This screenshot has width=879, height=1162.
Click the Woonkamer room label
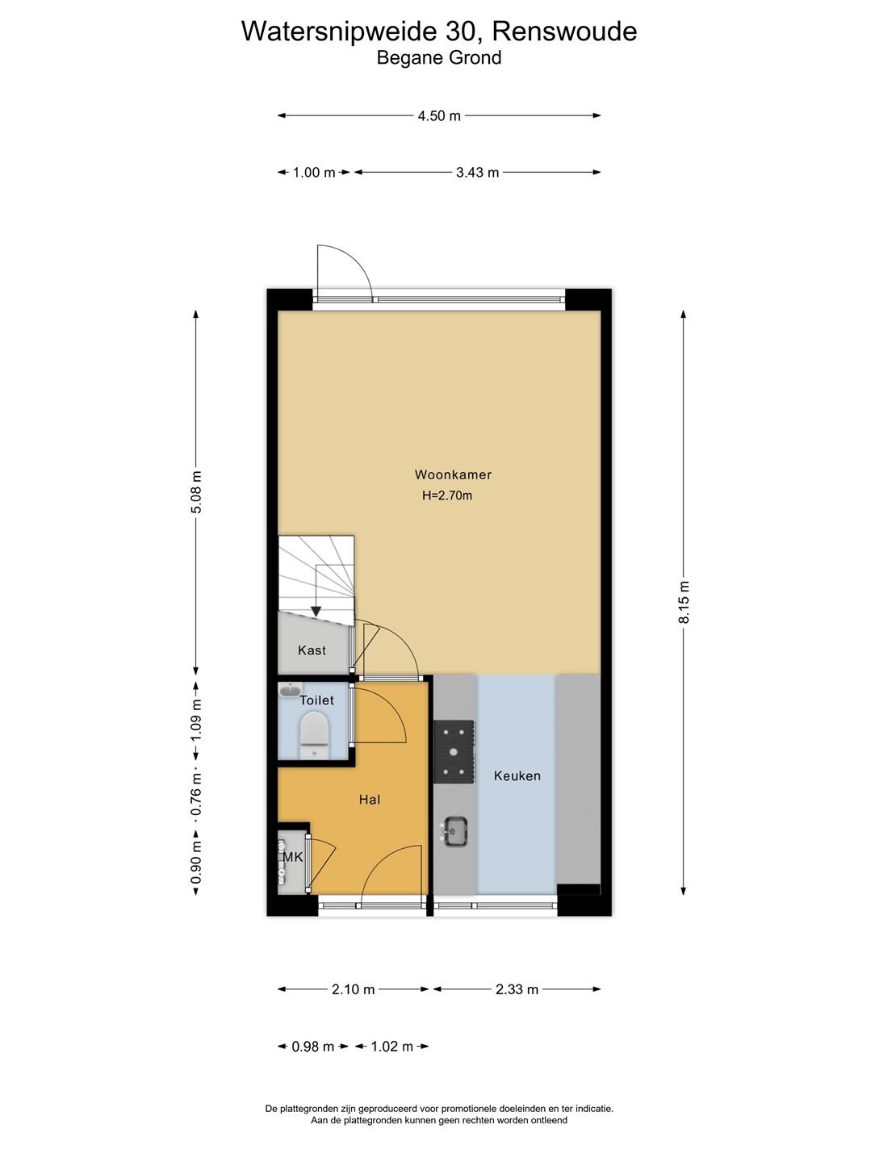coord(453,474)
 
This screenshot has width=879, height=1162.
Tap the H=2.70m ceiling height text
coord(447,495)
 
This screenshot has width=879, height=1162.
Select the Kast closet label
coord(312,650)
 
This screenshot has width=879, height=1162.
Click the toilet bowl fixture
coord(315,736)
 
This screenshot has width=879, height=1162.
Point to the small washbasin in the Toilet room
coord(290,690)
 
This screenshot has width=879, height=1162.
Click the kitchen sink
coord(455,832)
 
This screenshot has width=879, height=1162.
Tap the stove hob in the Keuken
coord(454,751)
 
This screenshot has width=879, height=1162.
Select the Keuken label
coord(517,775)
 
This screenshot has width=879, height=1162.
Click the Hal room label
coord(370,800)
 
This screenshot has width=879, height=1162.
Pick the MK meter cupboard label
coord(292,856)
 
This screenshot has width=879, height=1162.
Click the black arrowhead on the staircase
coord(316,612)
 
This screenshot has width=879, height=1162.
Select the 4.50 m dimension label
coord(439,116)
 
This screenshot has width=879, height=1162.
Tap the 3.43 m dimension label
coord(478,173)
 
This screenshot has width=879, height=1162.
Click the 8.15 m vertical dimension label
coord(684,602)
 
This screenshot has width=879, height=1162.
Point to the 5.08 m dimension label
coord(196,491)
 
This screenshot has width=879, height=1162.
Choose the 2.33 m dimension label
coord(517,989)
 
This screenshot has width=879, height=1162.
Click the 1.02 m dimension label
coord(391,1047)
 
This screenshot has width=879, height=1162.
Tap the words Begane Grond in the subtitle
coord(439,57)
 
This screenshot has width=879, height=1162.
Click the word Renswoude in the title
coord(564,31)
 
